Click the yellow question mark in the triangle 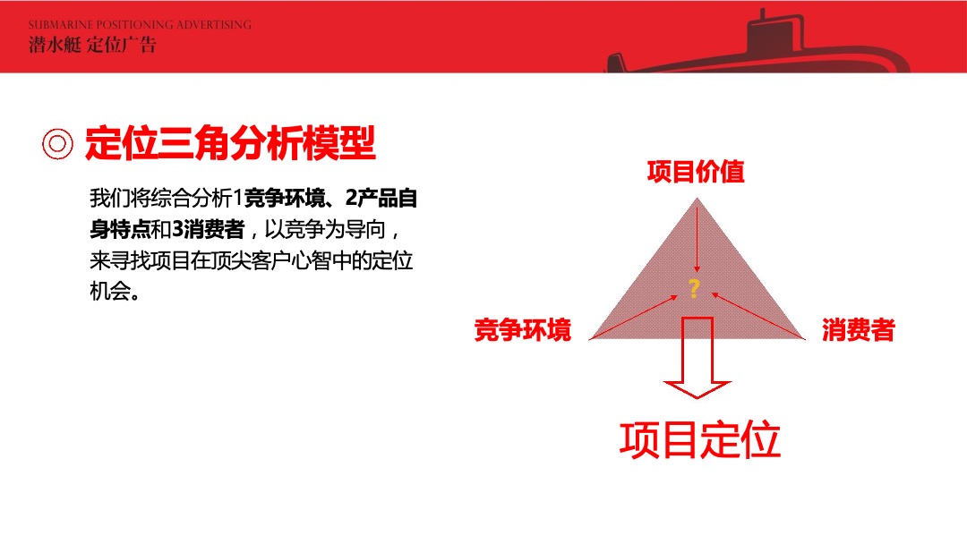[693, 288]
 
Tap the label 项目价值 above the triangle [696, 172]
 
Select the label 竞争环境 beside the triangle [523, 331]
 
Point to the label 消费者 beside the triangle [858, 331]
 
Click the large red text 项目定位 [700, 439]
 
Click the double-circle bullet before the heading [58, 144]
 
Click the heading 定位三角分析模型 [230, 143]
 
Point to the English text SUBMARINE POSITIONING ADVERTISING [140, 25]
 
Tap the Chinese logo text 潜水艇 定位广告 [92, 45]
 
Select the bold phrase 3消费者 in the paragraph [208, 230]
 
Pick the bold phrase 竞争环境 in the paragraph [288, 198]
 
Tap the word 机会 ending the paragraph [110, 293]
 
